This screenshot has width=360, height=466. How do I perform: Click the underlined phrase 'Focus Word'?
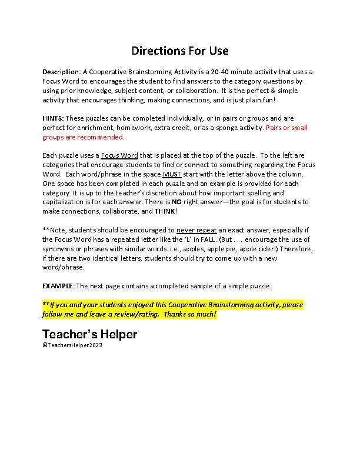pos(119,156)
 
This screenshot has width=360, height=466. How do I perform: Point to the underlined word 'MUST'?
pos(171,174)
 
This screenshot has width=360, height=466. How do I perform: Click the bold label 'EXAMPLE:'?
pos(58,286)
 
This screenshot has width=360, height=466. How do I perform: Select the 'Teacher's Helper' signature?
pos(89,335)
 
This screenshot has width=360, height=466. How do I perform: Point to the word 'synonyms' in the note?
pos(57,249)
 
